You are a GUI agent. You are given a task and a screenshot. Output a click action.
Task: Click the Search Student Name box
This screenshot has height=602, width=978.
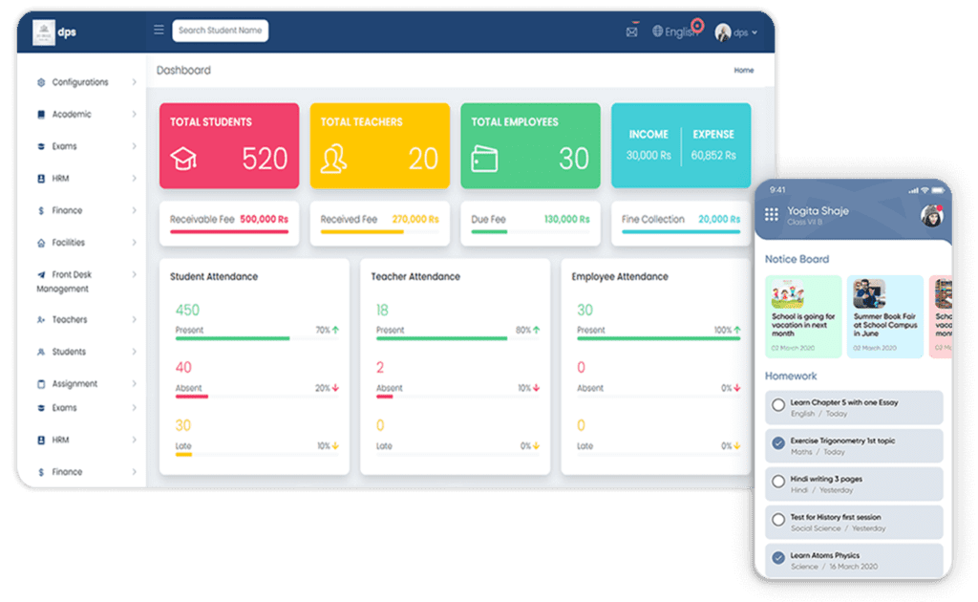pyautogui.click(x=221, y=31)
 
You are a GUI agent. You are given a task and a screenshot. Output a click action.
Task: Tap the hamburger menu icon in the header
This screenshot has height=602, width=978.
pyautogui.click(x=159, y=30)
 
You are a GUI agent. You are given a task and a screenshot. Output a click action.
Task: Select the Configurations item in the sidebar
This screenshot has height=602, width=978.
pyautogui.click(x=80, y=82)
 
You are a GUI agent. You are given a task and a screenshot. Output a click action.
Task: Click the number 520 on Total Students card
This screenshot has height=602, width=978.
pyautogui.click(x=265, y=159)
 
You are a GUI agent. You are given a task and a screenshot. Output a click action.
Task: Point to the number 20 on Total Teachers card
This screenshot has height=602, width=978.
pyautogui.click(x=423, y=159)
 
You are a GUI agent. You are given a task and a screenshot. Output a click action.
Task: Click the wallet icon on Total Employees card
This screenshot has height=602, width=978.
pyautogui.click(x=485, y=159)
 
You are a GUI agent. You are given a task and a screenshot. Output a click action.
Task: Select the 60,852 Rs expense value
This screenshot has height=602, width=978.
pyautogui.click(x=713, y=155)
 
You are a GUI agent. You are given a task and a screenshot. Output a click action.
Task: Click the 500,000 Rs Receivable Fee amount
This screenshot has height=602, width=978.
pyautogui.click(x=264, y=220)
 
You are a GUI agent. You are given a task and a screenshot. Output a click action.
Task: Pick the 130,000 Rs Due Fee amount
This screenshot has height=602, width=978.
pyautogui.click(x=567, y=220)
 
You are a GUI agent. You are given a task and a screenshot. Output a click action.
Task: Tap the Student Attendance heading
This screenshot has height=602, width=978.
pyautogui.click(x=214, y=277)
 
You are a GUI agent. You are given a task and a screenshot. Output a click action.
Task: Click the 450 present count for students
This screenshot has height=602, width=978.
pyautogui.click(x=187, y=310)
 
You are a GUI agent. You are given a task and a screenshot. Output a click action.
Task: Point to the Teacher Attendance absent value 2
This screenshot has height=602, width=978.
pyautogui.click(x=380, y=367)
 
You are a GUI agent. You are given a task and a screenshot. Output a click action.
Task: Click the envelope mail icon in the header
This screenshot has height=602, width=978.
pyautogui.click(x=631, y=32)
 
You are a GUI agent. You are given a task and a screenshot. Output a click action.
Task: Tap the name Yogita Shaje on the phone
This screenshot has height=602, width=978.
pyautogui.click(x=818, y=211)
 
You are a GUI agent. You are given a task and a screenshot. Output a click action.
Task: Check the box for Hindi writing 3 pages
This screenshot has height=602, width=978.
pyautogui.click(x=778, y=481)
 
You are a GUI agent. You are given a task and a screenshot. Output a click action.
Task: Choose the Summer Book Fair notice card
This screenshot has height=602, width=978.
pyautogui.click(x=885, y=315)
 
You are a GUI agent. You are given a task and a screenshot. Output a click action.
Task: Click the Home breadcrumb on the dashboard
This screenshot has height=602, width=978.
pyautogui.click(x=743, y=71)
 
